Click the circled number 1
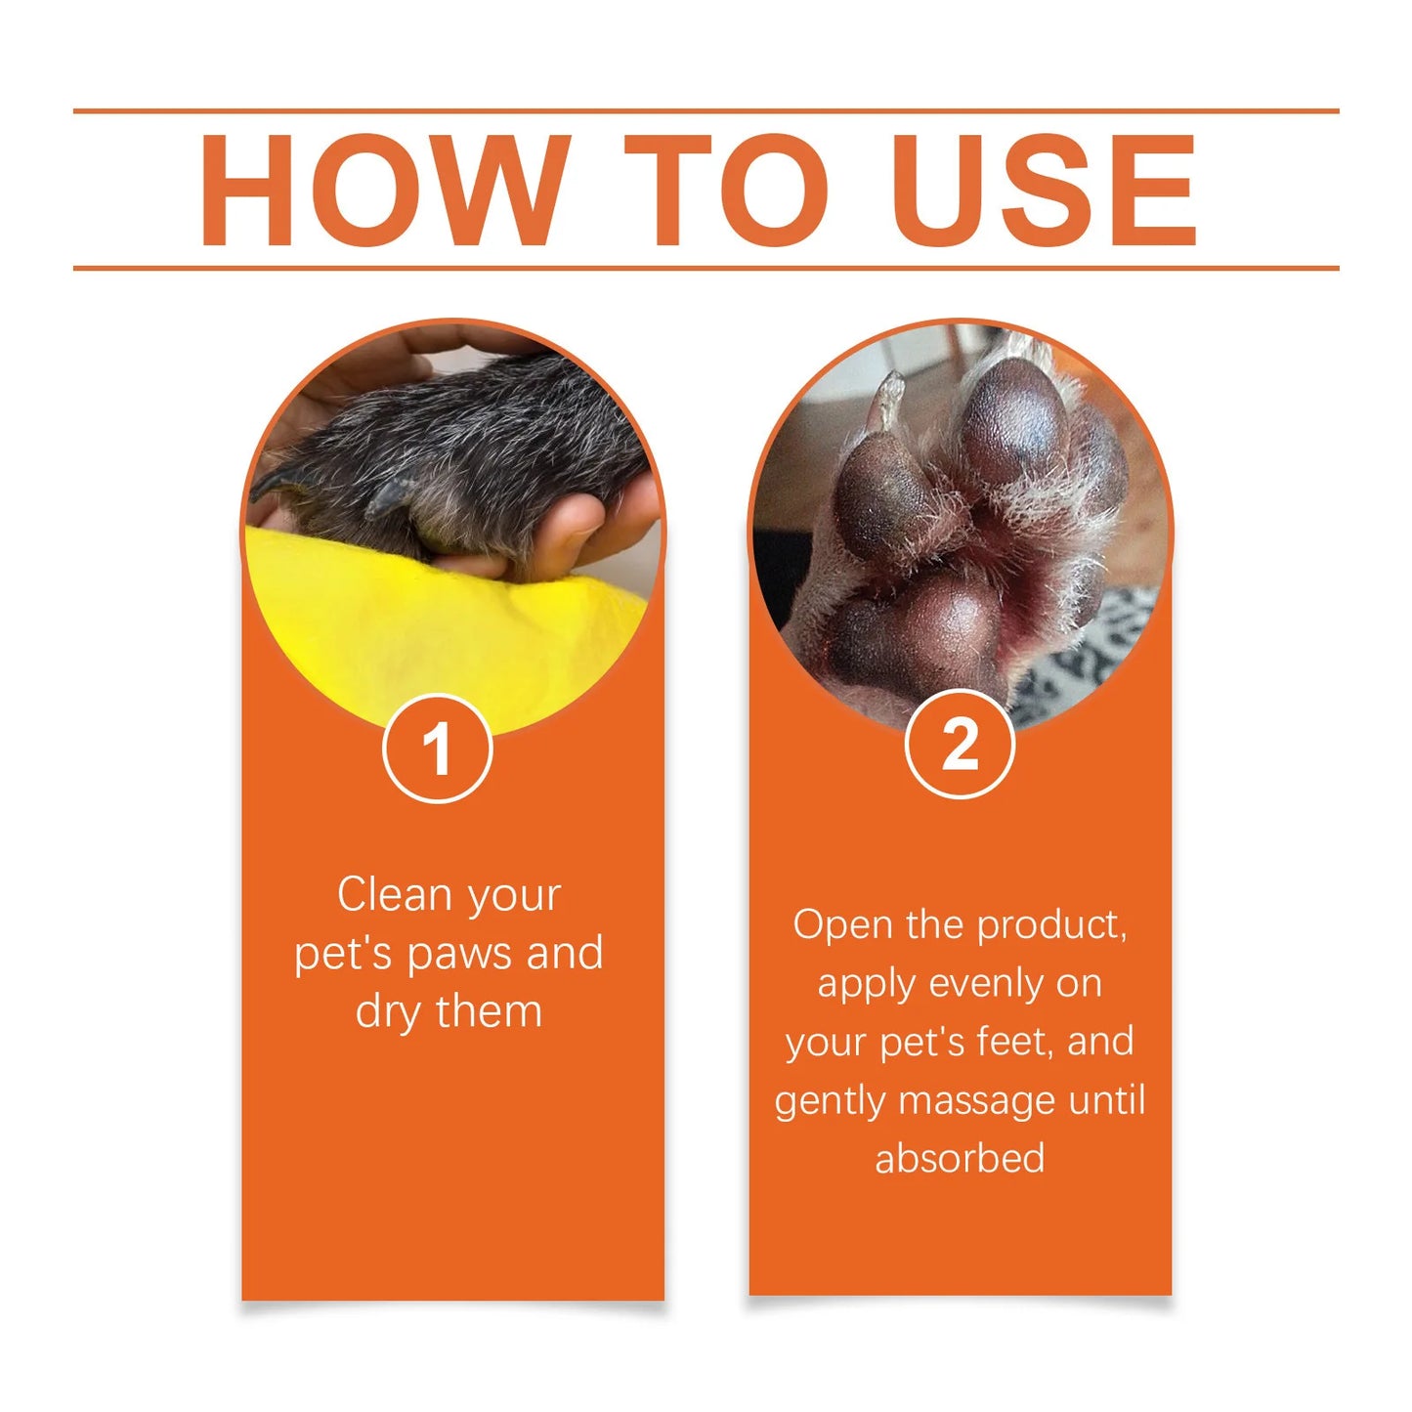pyautogui.click(x=437, y=749)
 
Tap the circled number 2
pyautogui.click(x=960, y=745)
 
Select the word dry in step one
pyautogui.click(x=388, y=1012)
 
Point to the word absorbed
pyautogui.click(x=960, y=1159)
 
